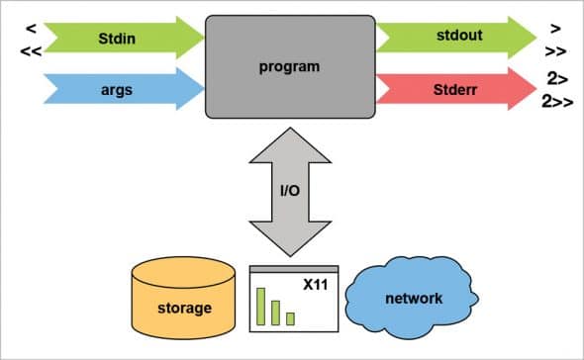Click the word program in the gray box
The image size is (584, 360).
point(290,68)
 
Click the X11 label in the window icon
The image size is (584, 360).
point(316,285)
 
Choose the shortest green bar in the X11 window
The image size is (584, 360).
point(290,318)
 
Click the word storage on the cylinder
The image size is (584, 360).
point(184,308)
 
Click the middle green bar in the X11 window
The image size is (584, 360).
point(276,313)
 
